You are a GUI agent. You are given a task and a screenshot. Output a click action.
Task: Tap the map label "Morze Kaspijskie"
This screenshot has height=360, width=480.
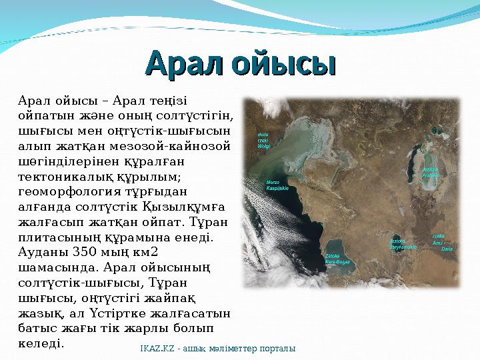[277, 185]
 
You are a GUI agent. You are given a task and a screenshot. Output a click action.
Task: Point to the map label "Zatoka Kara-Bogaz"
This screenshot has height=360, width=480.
[339, 259]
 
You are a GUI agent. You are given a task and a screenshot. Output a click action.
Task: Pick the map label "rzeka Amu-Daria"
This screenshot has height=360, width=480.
[443, 241]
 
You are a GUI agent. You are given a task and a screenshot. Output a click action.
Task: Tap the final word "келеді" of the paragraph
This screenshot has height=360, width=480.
[40, 344]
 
